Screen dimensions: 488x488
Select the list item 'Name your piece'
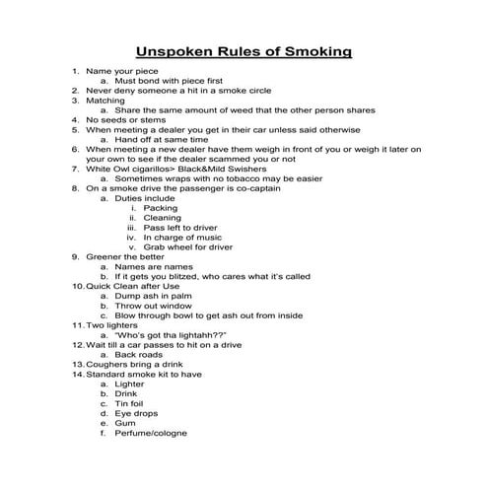[x=121, y=72]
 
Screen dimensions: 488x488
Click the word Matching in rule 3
[x=105, y=101]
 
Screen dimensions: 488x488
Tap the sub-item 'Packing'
[x=161, y=208]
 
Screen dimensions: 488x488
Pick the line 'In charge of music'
[x=182, y=238]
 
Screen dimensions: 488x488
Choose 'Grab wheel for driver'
[x=188, y=247]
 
